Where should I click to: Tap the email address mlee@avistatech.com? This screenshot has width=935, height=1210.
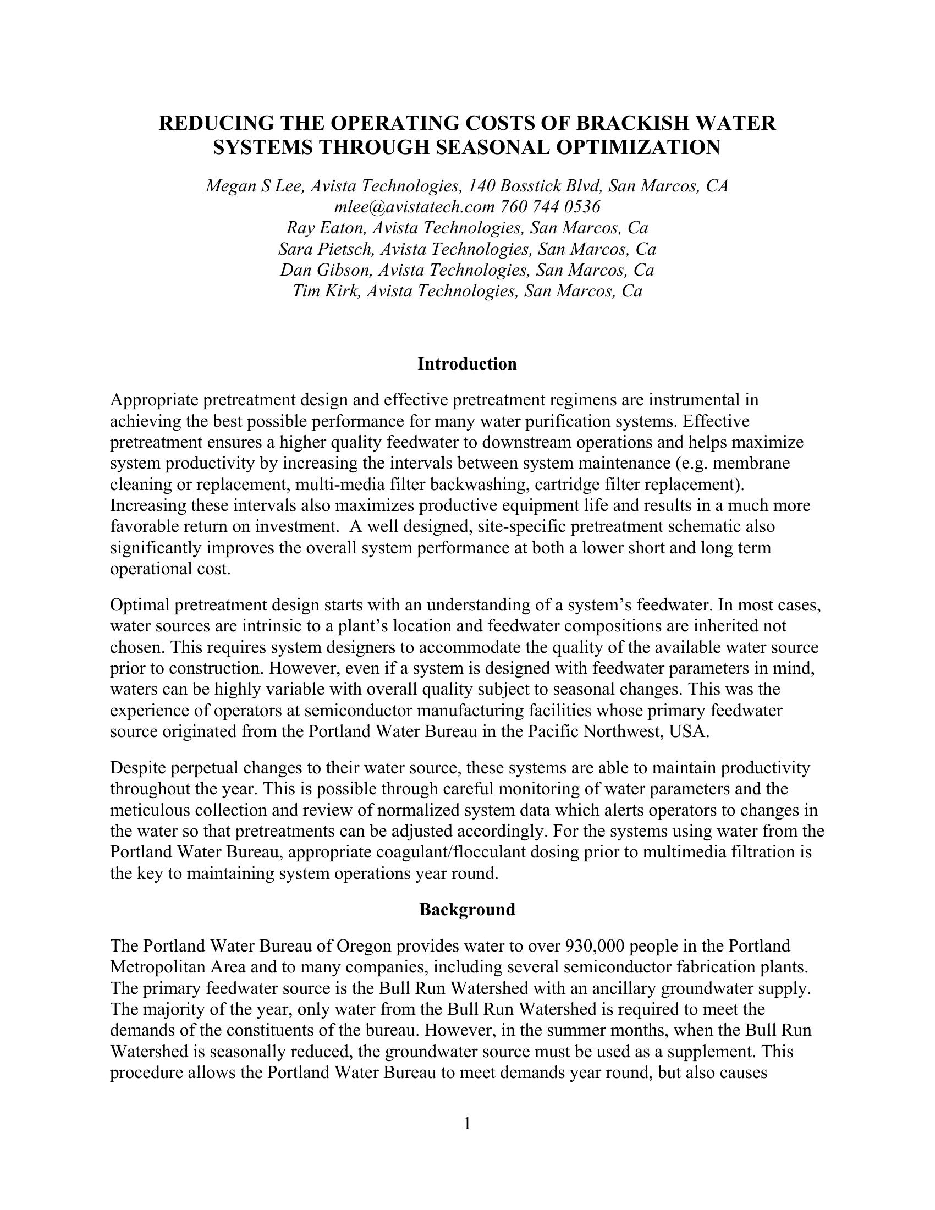coord(414,207)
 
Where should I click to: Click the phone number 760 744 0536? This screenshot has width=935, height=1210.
coord(550,207)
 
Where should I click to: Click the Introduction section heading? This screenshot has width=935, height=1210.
coord(467,364)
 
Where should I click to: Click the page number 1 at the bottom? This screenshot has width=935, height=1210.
coord(467,1124)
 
